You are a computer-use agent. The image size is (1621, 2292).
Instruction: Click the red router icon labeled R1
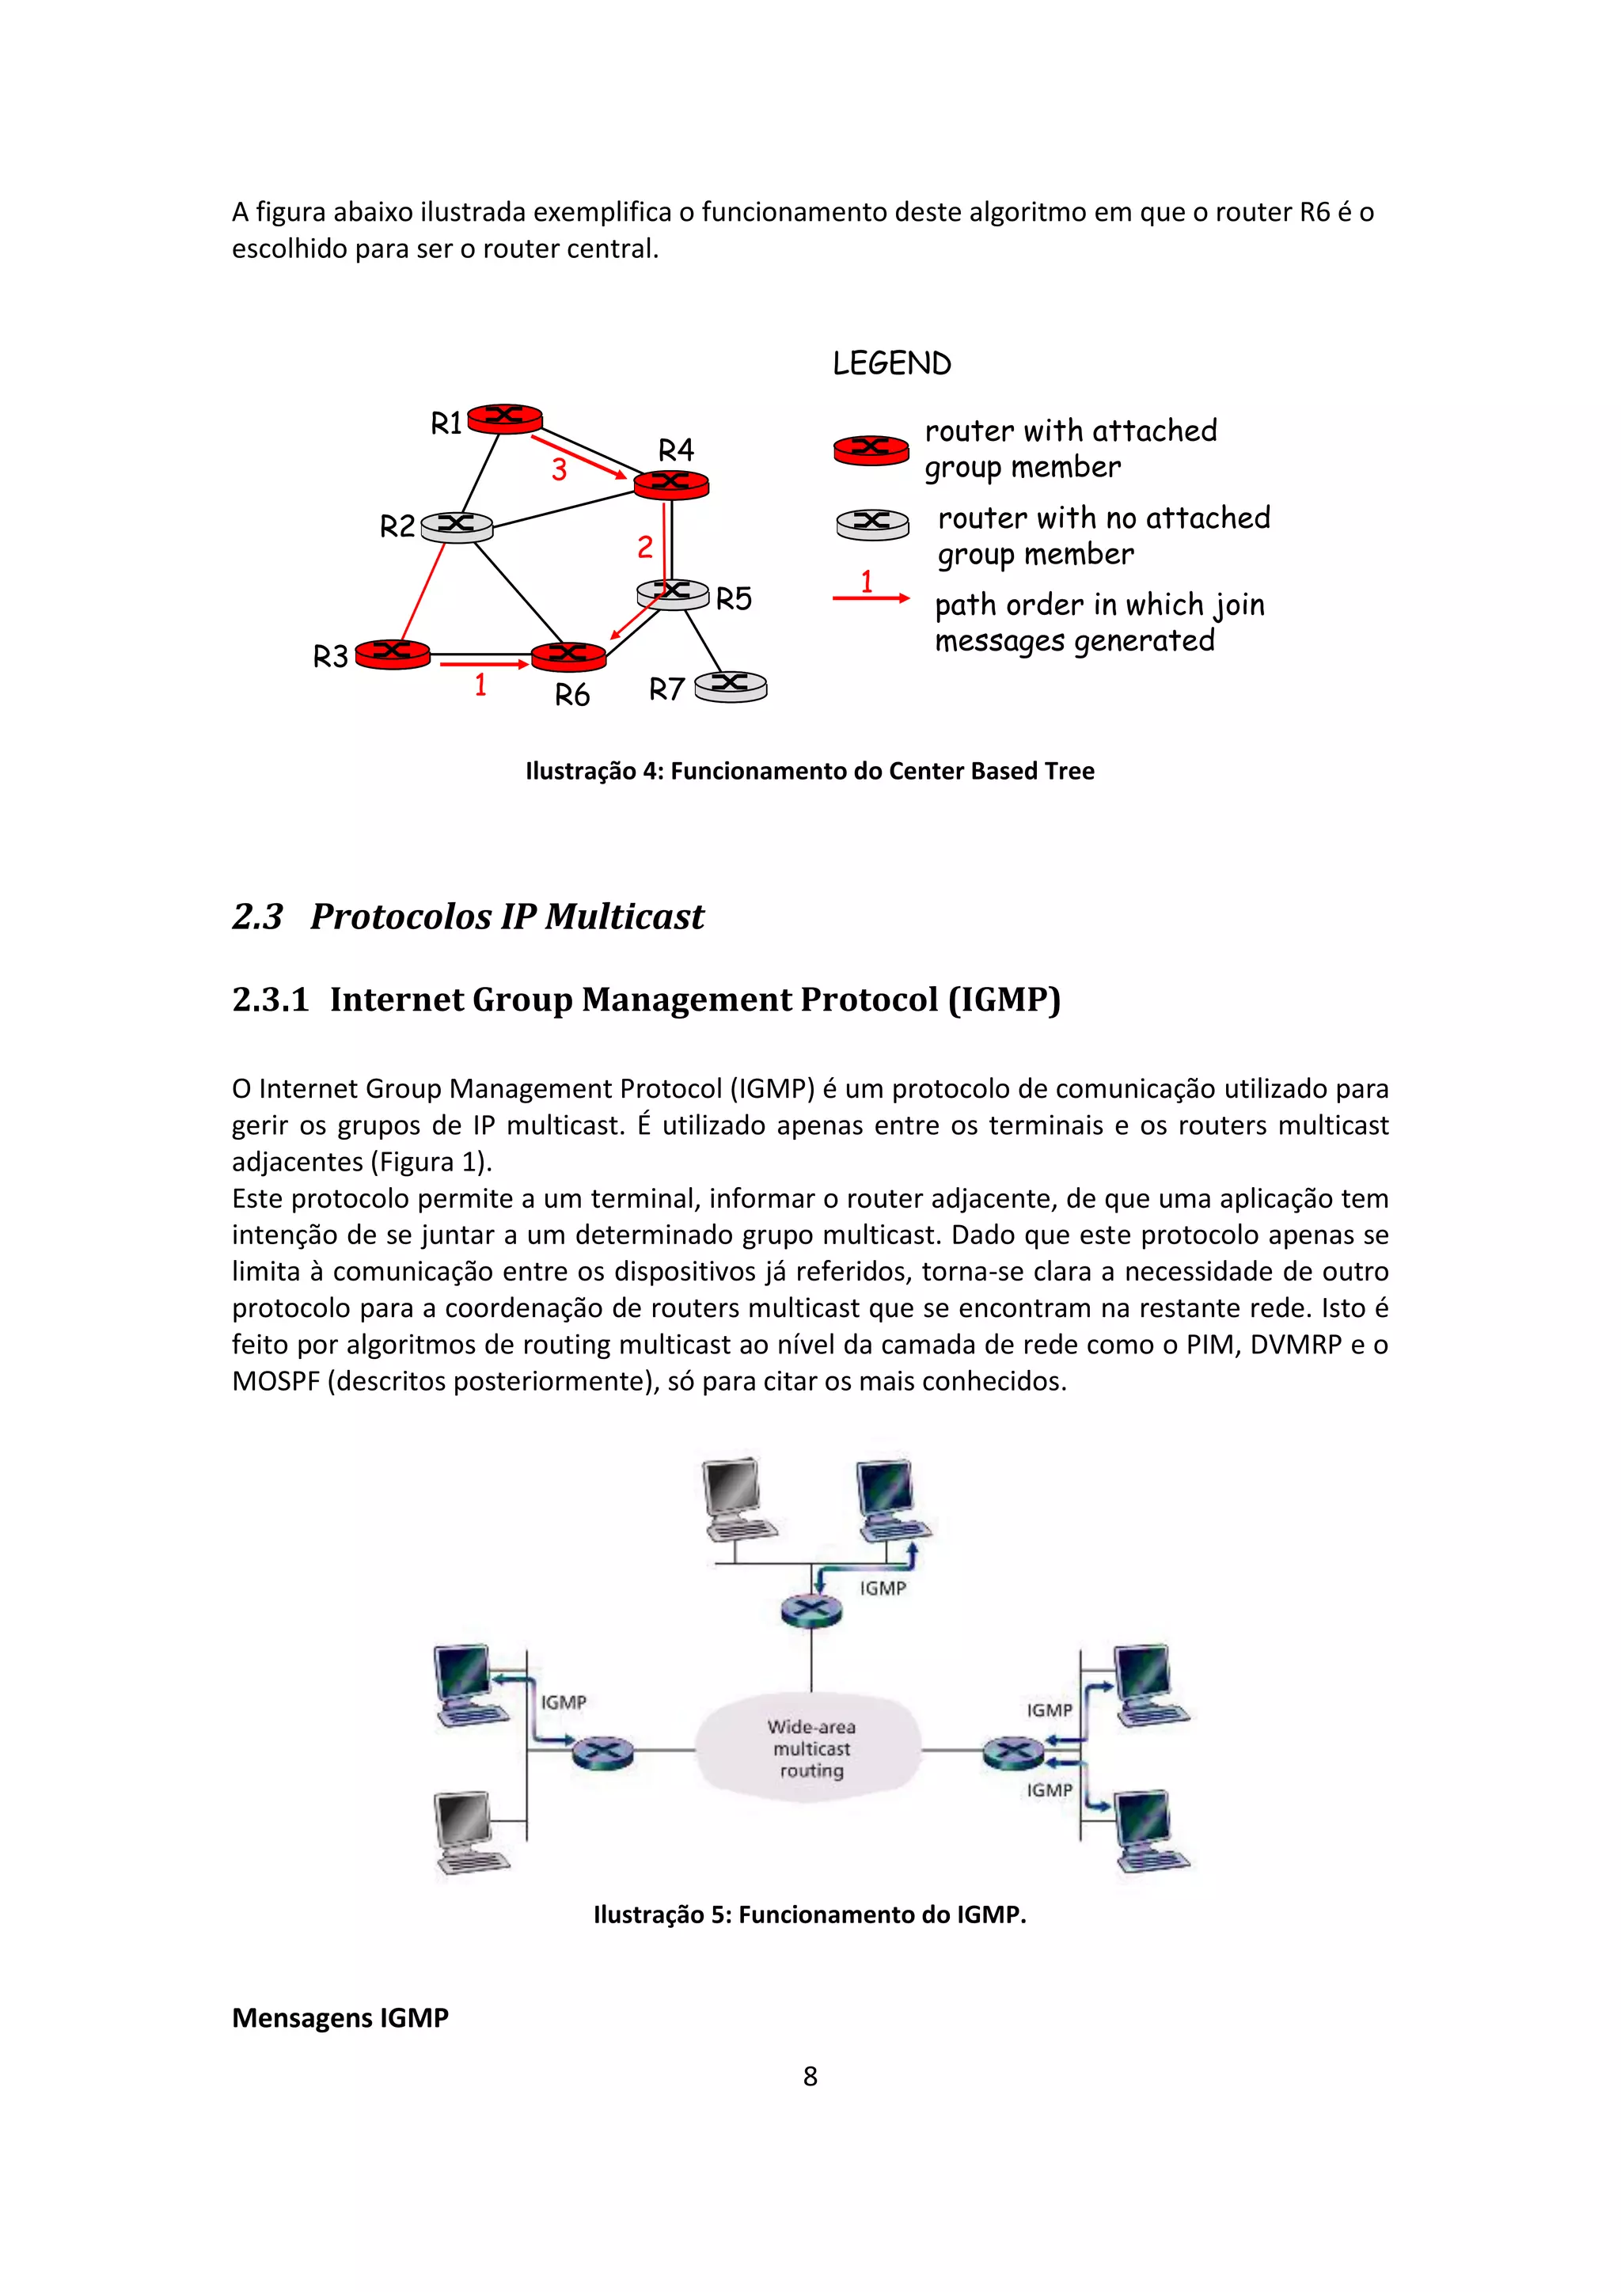(505, 418)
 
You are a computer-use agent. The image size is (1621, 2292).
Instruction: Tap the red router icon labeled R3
(393, 654)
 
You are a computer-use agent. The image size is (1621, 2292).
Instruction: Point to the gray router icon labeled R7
(731, 686)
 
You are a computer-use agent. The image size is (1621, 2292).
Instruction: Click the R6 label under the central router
(572, 695)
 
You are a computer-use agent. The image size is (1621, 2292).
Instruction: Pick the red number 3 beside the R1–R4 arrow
(559, 469)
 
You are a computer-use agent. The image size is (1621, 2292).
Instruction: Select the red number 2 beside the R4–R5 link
(645, 547)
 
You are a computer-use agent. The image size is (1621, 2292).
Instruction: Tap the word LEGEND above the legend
(891, 363)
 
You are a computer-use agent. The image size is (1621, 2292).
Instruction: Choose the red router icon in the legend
(871, 450)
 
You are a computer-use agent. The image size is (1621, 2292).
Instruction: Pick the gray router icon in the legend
(871, 523)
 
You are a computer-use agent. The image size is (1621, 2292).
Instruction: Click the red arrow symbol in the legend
(871, 598)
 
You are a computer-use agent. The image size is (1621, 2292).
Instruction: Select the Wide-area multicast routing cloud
(810, 1748)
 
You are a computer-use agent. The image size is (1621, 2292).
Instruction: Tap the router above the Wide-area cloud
(810, 1609)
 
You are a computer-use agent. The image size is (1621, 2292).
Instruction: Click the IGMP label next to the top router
(883, 1588)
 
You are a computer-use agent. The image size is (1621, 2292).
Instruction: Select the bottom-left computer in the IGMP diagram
(469, 1832)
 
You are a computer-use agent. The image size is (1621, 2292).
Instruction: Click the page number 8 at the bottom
(810, 2077)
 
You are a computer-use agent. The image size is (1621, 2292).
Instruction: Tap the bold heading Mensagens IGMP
(340, 2017)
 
